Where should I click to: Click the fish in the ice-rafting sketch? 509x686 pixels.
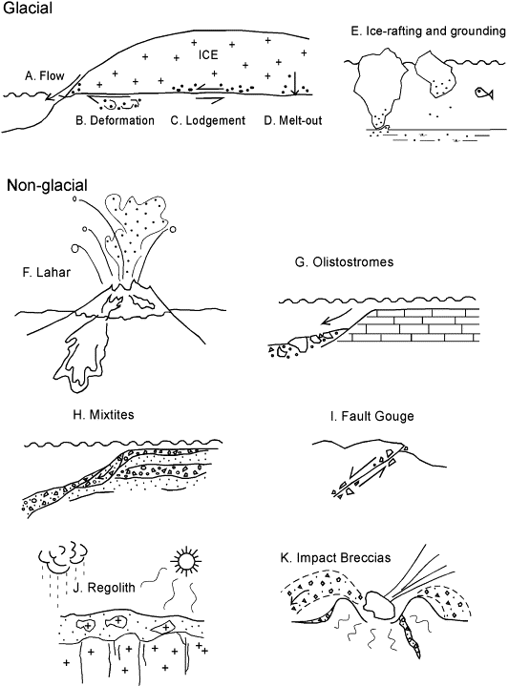tap(484, 93)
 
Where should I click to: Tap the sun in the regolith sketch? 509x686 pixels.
tap(186, 560)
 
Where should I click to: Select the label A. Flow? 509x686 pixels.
tap(44, 76)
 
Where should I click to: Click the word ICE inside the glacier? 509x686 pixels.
tap(208, 54)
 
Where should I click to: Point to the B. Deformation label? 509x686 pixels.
tap(116, 120)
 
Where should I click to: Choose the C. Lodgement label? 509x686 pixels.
tap(208, 120)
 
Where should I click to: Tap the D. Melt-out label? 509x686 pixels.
tap(293, 120)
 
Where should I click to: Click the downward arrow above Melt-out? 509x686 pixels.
tap(295, 84)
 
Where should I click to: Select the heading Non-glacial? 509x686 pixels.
tap(48, 185)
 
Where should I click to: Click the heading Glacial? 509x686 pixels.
tap(28, 8)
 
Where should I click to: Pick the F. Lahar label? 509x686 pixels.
tap(47, 272)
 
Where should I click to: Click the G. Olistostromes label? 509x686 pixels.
tap(345, 261)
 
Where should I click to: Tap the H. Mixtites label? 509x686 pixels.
tap(103, 414)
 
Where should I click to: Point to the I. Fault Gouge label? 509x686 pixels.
tap(371, 416)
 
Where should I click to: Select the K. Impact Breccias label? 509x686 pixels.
tap(335, 558)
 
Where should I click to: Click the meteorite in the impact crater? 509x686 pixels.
tap(378, 605)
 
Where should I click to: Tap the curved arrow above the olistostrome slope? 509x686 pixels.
tap(336, 316)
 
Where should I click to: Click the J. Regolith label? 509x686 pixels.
tap(104, 587)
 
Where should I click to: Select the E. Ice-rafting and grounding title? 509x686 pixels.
tap(429, 31)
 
